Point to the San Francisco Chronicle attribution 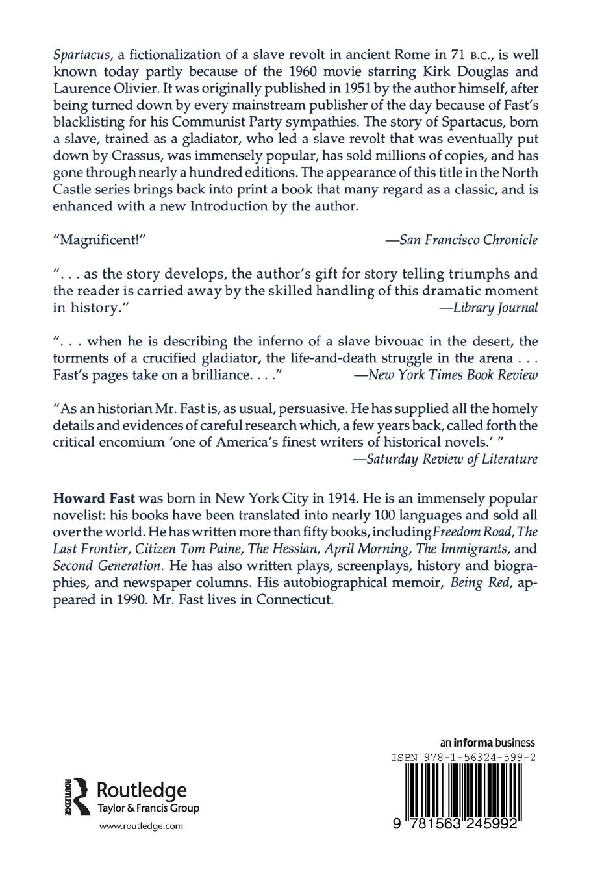point(462,240)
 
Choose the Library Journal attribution point(488,308)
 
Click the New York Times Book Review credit point(444,375)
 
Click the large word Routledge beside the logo point(141,790)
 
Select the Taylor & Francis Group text point(147,808)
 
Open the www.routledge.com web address point(141,826)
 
